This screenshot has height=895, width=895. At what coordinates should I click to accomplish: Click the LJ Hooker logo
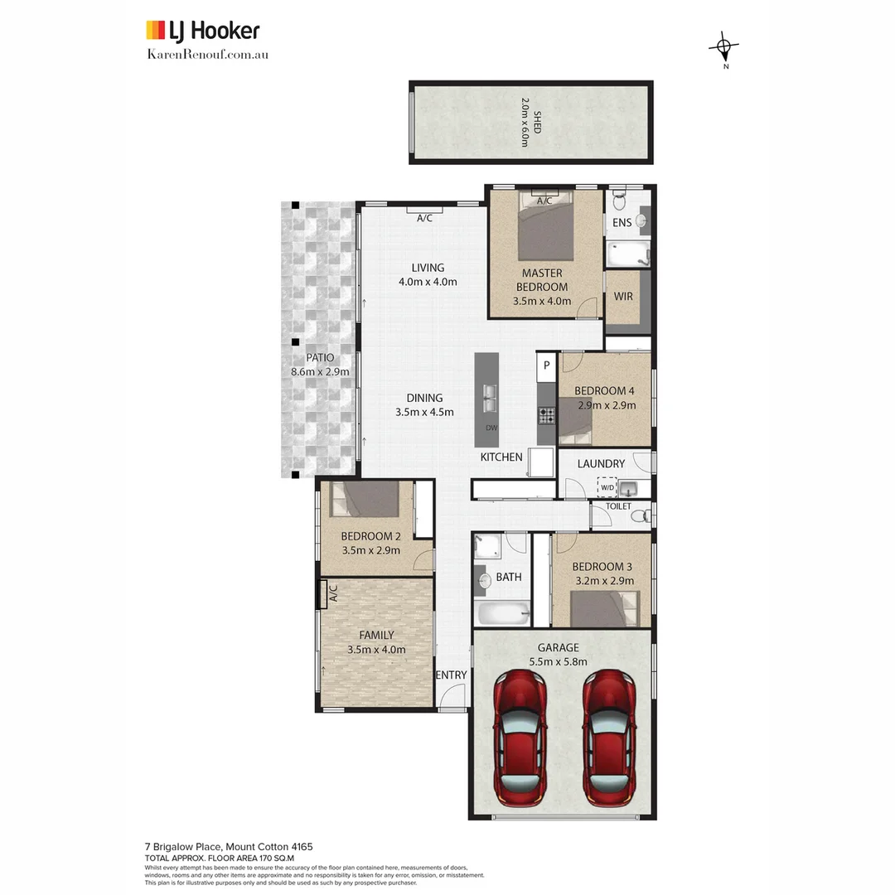pyautogui.click(x=202, y=31)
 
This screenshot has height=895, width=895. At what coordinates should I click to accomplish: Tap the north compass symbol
pyautogui.click(x=723, y=48)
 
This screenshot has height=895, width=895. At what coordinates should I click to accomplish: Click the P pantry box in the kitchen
pyautogui.click(x=547, y=365)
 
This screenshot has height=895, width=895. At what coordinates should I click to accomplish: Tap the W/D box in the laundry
pyautogui.click(x=607, y=487)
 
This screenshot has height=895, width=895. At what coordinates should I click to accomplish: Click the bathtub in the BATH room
pyautogui.click(x=503, y=614)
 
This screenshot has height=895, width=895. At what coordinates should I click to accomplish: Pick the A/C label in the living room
pyautogui.click(x=424, y=219)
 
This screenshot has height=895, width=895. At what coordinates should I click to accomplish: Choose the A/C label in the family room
pyautogui.click(x=333, y=593)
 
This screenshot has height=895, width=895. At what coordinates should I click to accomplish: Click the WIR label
pyautogui.click(x=624, y=297)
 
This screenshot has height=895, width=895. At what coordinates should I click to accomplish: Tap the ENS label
pyautogui.click(x=622, y=222)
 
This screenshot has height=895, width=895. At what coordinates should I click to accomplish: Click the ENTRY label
pyautogui.click(x=452, y=675)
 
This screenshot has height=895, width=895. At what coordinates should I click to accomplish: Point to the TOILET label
pyautogui.click(x=618, y=506)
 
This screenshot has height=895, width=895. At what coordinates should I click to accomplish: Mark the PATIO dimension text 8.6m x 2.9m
pyautogui.click(x=320, y=372)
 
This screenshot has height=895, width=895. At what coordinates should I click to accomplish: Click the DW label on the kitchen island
pyautogui.click(x=491, y=428)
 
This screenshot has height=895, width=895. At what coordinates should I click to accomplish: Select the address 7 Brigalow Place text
pyautogui.click(x=228, y=847)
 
